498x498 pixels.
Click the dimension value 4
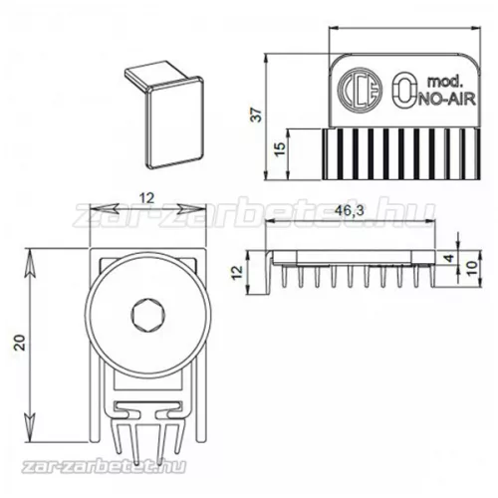(x=450, y=261)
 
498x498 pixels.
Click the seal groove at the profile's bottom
(x=142, y=416)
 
